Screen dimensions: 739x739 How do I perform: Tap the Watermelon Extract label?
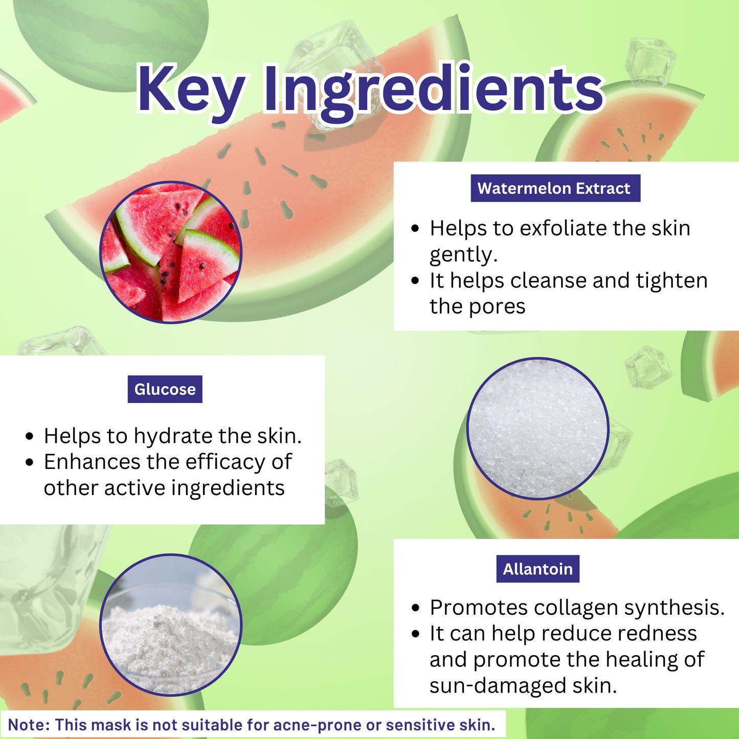pyautogui.click(x=555, y=188)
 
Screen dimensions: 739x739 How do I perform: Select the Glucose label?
pyautogui.click(x=165, y=389)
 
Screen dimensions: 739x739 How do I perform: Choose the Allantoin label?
pyautogui.click(x=538, y=569)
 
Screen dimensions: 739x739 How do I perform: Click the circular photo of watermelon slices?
pyautogui.click(x=171, y=252)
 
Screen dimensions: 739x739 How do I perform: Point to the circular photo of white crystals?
pyautogui.click(x=538, y=429)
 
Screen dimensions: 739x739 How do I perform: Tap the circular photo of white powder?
pyautogui.click(x=171, y=625)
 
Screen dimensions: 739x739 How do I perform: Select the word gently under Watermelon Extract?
pyautogui.click(x=462, y=255)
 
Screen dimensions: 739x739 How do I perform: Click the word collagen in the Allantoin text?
pyautogui.click(x=575, y=608)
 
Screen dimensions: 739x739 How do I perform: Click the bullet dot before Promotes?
pyautogui.click(x=415, y=608)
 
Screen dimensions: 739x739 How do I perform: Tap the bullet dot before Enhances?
pyautogui.click(x=30, y=462)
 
